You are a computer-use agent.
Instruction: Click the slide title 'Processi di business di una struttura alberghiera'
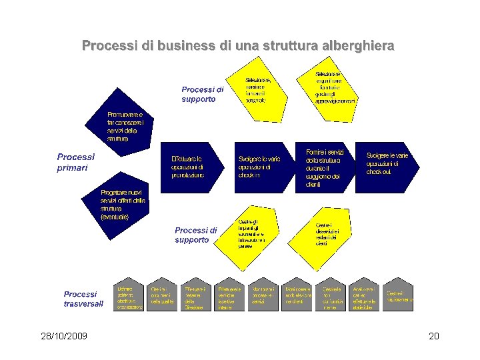tap(238, 46)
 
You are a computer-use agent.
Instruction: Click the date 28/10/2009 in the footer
tap(63, 335)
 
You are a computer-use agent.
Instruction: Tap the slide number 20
tap(433, 335)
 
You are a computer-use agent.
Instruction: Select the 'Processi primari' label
tap(75, 162)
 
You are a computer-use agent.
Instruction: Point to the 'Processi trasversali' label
tap(83, 299)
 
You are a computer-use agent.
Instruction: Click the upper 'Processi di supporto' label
tap(203, 94)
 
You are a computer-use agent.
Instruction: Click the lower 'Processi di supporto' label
tap(196, 235)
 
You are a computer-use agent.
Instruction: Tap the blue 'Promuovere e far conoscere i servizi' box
tap(123, 125)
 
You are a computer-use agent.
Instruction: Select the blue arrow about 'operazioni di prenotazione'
tap(191, 166)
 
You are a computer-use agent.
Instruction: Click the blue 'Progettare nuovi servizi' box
tap(124, 202)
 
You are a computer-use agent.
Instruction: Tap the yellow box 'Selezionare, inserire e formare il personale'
tap(258, 91)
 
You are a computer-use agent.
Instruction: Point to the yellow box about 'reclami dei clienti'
tap(331, 234)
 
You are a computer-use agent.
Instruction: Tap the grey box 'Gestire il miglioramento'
tap(397, 296)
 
